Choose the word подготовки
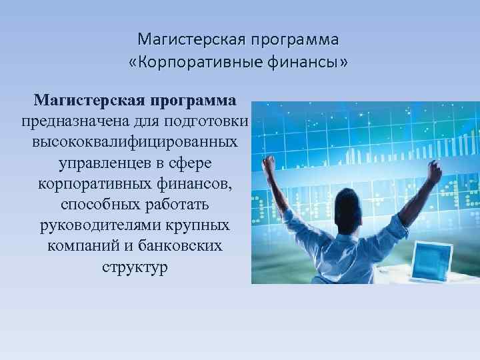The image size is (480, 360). pos(211,122)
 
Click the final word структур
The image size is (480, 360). pos(136,267)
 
